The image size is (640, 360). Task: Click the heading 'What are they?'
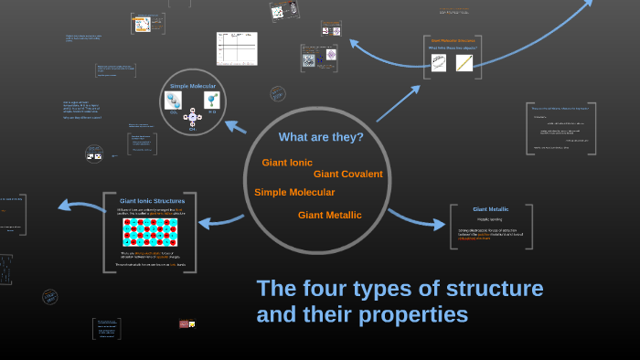coord(321,138)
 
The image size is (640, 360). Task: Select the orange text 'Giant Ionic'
coord(287,163)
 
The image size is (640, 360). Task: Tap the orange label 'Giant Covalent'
coord(347,174)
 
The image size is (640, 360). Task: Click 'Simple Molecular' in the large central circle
coord(294,192)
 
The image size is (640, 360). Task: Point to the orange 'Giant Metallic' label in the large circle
coord(329,215)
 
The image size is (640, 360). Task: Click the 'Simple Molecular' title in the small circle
coord(192,87)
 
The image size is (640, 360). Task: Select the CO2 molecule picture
coord(173,101)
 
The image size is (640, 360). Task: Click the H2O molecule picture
coord(212,101)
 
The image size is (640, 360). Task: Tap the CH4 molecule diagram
coord(192,118)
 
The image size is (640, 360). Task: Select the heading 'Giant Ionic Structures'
coord(152,200)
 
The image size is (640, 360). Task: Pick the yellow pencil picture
coord(464,63)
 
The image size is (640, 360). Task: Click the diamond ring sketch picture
coord(440,63)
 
